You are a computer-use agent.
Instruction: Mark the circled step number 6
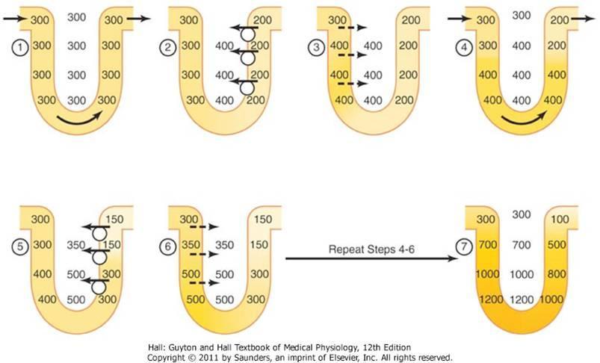point(168,244)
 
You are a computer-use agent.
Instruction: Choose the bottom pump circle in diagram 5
point(97,288)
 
